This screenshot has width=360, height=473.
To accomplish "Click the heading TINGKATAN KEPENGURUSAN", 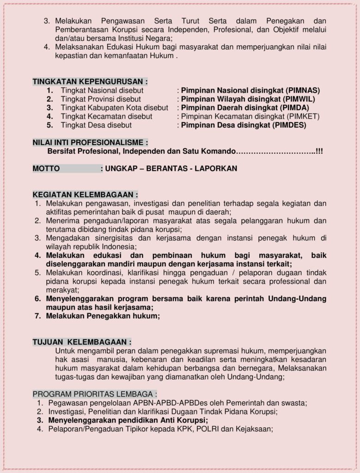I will (90, 82).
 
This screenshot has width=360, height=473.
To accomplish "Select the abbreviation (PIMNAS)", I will (303, 91).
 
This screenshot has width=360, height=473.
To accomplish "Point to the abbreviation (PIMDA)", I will (293, 108).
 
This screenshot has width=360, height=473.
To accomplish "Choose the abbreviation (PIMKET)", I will (303, 116).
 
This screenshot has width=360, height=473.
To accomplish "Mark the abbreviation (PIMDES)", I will (289, 125).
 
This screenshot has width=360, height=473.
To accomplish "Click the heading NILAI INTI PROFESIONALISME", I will (91, 142).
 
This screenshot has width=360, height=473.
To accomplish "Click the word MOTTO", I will (46, 169).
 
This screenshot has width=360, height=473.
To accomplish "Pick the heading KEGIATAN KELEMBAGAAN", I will (85, 194).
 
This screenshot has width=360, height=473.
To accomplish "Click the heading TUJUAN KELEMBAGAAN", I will (82, 342).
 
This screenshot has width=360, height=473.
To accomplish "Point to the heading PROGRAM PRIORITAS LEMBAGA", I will (95, 394).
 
